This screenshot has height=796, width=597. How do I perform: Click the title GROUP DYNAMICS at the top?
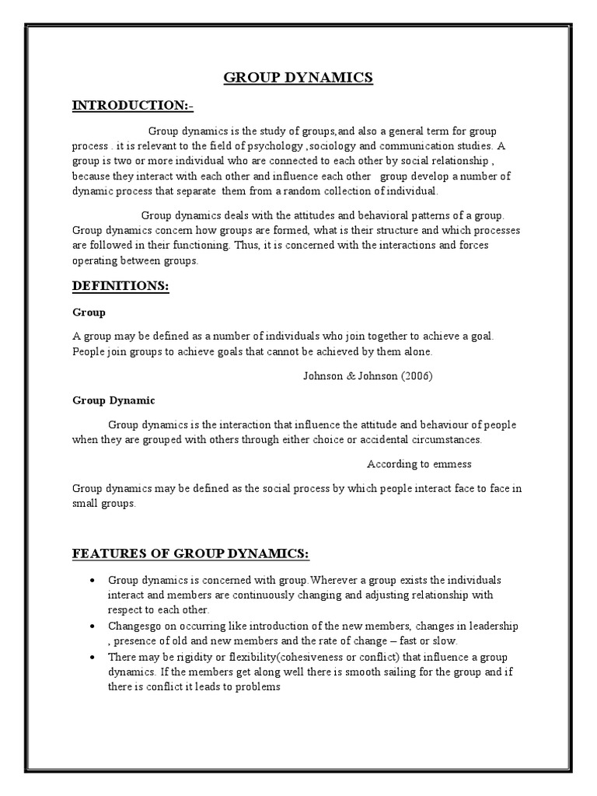[298, 77]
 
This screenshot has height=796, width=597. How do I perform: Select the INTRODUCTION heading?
[133, 105]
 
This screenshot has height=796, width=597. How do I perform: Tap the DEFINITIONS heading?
[120, 286]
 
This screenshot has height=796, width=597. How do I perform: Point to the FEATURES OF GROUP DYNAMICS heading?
[190, 553]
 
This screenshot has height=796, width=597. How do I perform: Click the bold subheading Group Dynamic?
[113, 400]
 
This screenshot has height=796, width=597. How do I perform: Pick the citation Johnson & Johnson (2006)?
[367, 375]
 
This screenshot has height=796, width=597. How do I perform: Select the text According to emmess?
[419, 464]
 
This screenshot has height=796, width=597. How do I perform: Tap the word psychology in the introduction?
[276, 145]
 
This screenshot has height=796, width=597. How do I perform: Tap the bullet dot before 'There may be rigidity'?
[93, 657]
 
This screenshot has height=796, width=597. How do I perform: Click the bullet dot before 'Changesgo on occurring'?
[93, 627]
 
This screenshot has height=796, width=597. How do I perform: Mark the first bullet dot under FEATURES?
[93, 581]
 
